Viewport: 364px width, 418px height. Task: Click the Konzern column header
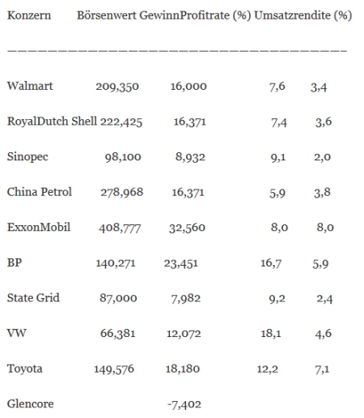[x=29, y=15]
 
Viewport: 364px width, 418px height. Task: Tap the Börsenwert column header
[x=107, y=15]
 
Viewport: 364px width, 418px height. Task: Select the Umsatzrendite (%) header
[x=303, y=15]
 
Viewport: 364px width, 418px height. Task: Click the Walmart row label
[x=30, y=86]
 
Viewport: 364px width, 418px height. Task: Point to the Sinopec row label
[x=28, y=157]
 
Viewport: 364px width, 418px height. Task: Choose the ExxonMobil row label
[x=39, y=227]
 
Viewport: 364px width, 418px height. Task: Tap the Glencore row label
[x=30, y=403]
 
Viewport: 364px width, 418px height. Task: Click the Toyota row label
[x=24, y=369]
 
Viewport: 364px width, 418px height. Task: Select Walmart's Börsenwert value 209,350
[x=117, y=87]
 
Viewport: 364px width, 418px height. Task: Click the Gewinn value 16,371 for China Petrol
[x=188, y=193]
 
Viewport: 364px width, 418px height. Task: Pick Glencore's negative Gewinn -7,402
[x=184, y=404]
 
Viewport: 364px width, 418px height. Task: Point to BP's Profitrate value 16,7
[x=271, y=263]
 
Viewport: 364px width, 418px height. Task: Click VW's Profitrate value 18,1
[x=271, y=334]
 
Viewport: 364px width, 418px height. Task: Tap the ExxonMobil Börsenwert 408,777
[x=120, y=228]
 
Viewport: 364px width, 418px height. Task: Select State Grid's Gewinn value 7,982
[x=186, y=299]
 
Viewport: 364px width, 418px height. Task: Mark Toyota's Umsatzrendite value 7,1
[x=322, y=369]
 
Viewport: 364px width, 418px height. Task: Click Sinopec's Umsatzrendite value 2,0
[x=322, y=157]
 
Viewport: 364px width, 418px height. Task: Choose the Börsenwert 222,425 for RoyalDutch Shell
[x=121, y=122]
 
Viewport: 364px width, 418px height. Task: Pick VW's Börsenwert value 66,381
[x=117, y=334]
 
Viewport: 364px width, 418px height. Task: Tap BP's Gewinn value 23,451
[x=180, y=263]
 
